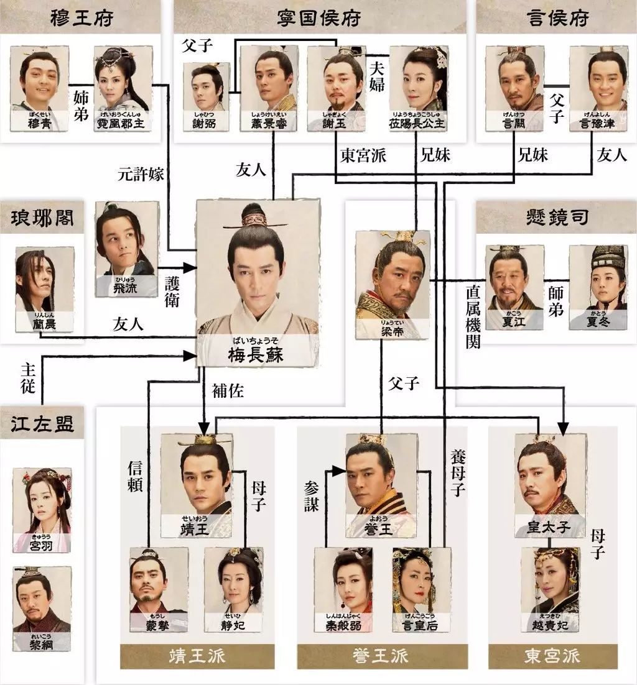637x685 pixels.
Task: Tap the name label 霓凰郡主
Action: [x=122, y=122]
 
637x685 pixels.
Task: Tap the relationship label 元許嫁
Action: [x=141, y=174]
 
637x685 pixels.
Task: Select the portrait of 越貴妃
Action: [x=549, y=581]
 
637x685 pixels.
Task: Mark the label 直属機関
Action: [x=473, y=317]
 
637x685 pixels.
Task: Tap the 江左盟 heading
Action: [x=42, y=425]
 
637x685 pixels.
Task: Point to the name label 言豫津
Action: [x=598, y=122]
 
